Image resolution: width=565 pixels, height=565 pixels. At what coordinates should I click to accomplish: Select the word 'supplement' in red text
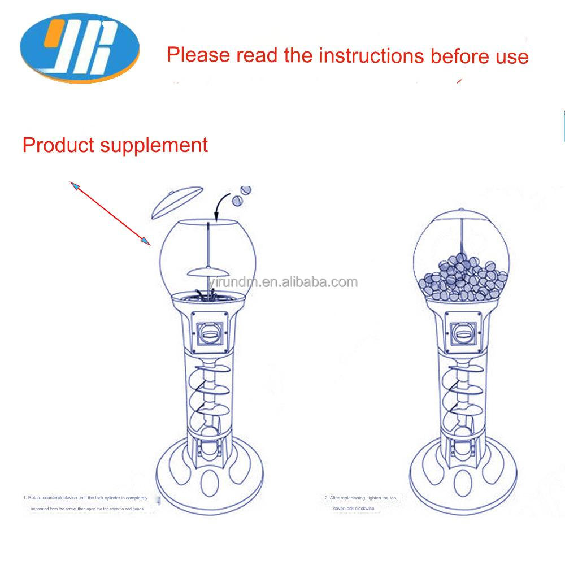[x=154, y=145]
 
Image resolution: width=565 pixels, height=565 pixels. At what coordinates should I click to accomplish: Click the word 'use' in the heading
[x=511, y=56]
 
